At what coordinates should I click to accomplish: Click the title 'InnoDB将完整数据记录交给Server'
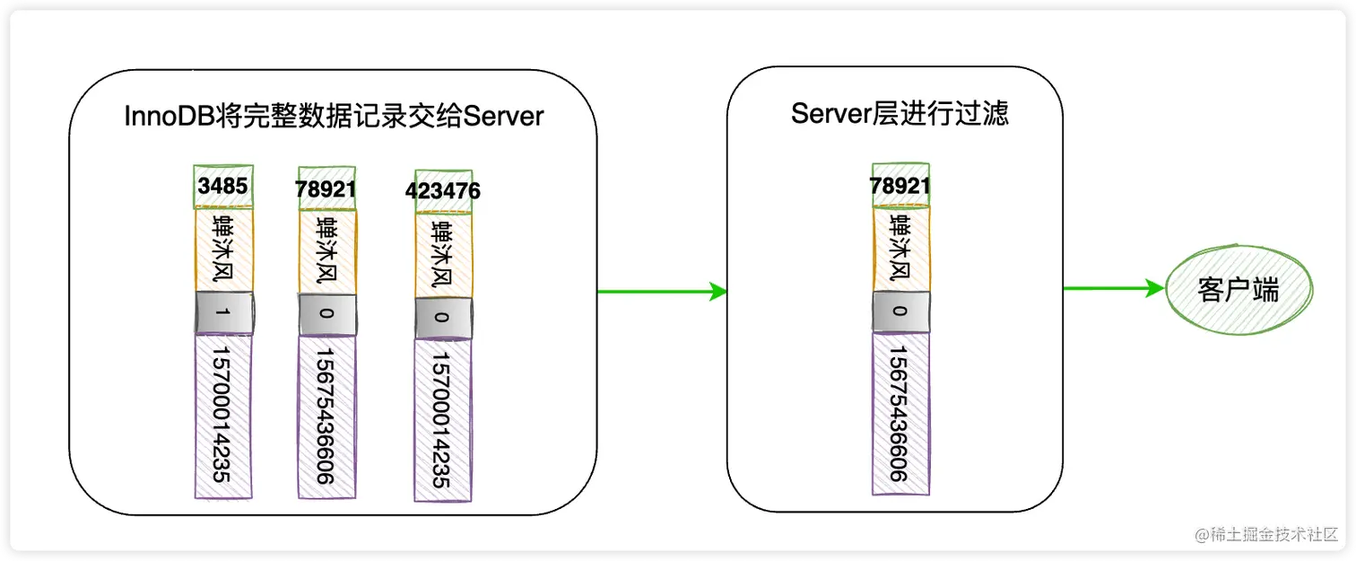[334, 116]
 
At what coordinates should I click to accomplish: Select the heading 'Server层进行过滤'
[900, 113]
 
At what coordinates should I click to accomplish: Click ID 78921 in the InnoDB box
[326, 190]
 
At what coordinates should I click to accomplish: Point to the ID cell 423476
[442, 191]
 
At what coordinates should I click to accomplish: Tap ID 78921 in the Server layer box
[900, 185]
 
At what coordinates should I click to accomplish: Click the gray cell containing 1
[224, 313]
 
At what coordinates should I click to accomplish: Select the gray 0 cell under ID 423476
[442, 318]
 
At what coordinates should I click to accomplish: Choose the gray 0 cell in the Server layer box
[900, 311]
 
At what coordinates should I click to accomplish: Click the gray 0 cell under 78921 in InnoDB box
[326, 315]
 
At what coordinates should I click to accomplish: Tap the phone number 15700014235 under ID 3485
[223, 416]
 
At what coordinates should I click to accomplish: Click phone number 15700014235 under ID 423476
[442, 419]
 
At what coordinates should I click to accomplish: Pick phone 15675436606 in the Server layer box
[900, 412]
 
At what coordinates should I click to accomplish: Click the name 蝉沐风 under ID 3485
[224, 250]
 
